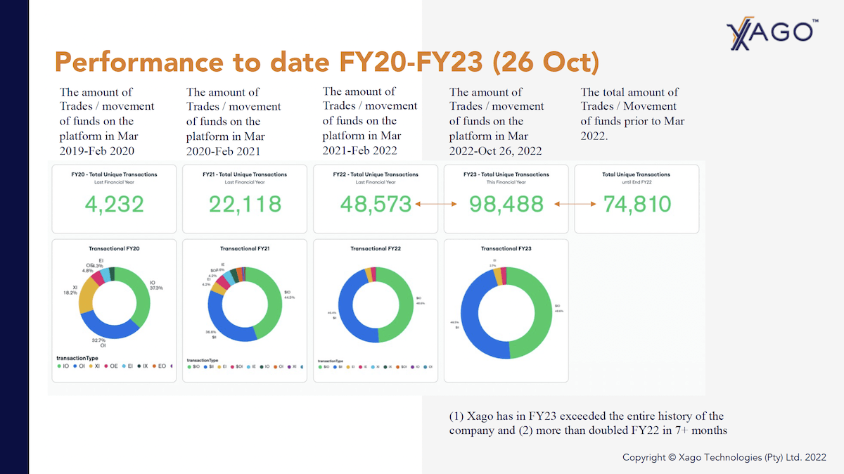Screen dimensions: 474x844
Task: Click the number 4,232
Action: (x=114, y=204)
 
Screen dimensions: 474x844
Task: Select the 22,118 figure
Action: (x=245, y=204)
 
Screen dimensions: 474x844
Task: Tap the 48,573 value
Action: (x=376, y=204)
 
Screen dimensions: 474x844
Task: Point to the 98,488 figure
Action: (x=506, y=204)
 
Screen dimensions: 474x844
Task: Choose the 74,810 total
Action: (x=637, y=204)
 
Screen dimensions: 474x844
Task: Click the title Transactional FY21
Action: (x=244, y=249)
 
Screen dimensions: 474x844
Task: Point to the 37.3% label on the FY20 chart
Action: (x=156, y=288)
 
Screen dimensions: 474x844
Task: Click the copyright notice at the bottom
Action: (x=724, y=457)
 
